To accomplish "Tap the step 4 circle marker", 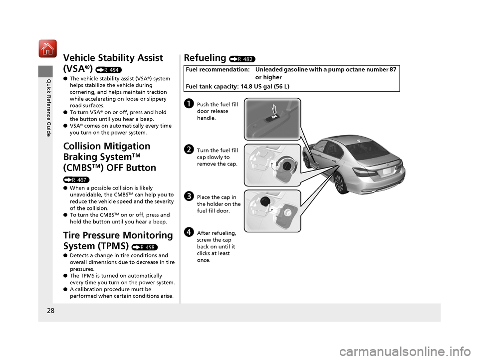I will (189, 231).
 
